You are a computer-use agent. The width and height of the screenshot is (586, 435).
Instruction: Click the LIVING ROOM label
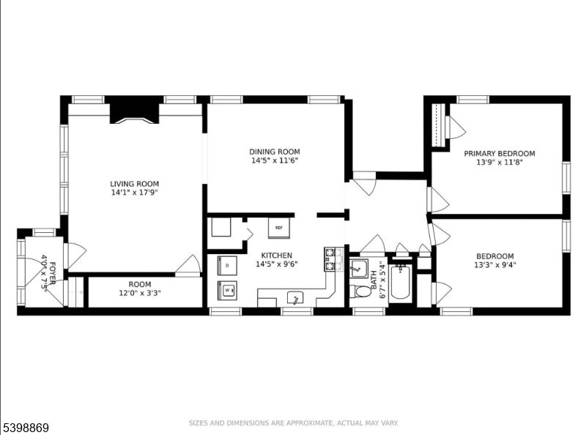[x=134, y=184]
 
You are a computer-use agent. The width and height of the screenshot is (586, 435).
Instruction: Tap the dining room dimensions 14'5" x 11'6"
[x=275, y=160]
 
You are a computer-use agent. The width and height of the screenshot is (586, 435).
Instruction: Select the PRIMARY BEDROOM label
[x=500, y=154]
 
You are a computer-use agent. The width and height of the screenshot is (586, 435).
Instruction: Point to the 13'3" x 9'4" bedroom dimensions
[x=500, y=266]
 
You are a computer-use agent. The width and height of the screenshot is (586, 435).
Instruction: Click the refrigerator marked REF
[x=279, y=228]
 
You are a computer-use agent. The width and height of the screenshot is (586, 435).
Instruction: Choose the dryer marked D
[x=227, y=265]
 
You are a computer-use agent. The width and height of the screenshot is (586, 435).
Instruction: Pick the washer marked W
[x=227, y=290]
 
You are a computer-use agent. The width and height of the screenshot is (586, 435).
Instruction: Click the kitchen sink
[x=296, y=297]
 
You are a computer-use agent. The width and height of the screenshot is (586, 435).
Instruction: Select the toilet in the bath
[x=363, y=291]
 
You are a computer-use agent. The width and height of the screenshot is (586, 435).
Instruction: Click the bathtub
[x=400, y=283]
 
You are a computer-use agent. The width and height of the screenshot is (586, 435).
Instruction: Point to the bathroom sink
[x=359, y=268]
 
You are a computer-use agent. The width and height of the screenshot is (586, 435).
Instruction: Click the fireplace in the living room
[x=134, y=111]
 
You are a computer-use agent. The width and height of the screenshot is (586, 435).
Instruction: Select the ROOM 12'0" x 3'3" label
[x=139, y=289]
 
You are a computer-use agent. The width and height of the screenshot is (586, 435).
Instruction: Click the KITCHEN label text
[x=276, y=255]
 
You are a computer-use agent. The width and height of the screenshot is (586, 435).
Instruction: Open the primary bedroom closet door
[x=456, y=127]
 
